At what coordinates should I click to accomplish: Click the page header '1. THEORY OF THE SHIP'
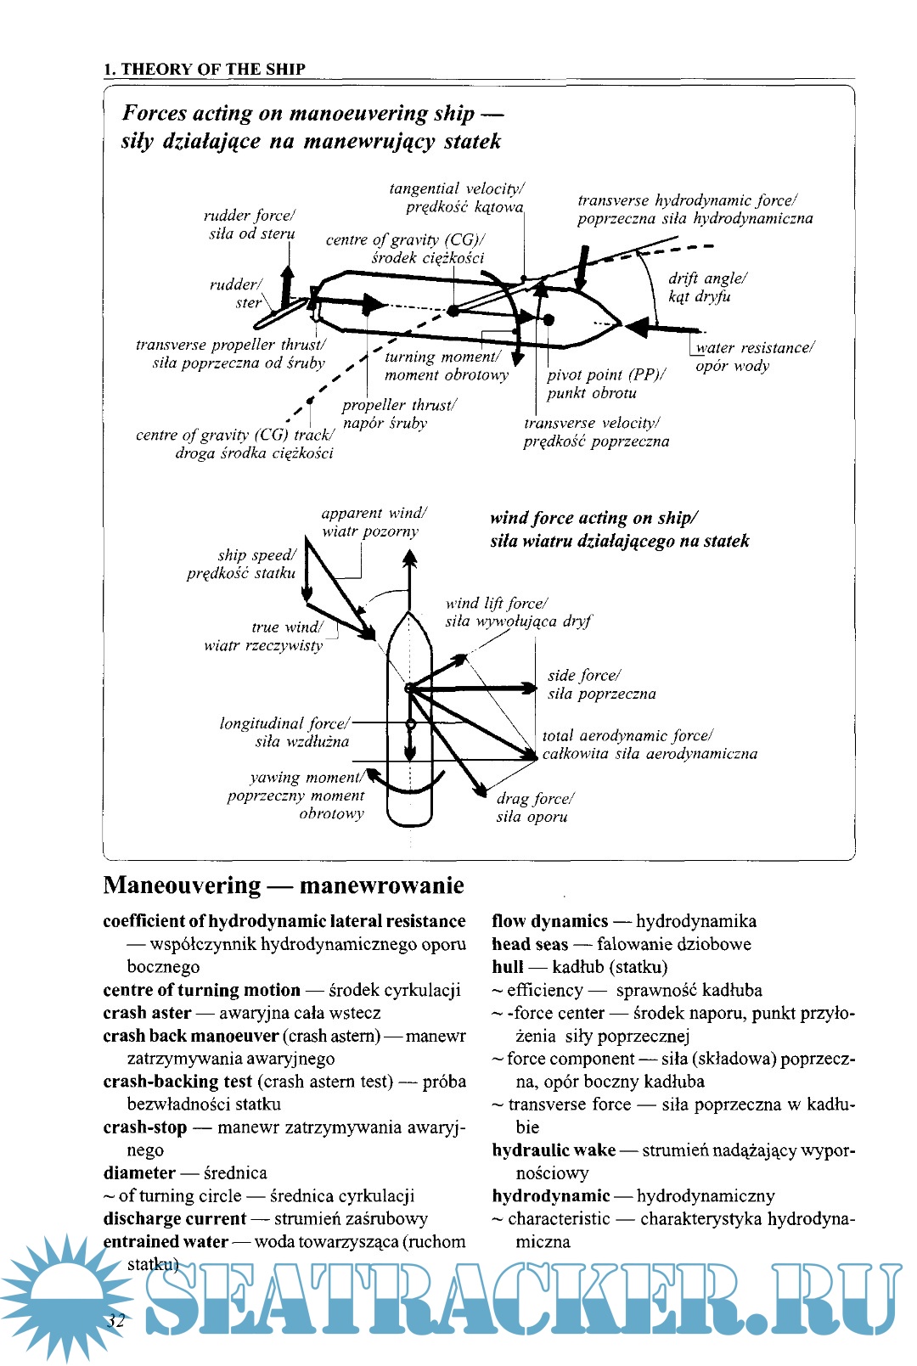click(x=204, y=70)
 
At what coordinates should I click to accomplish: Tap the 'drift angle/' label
click(x=707, y=278)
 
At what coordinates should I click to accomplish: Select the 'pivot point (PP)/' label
click(x=606, y=374)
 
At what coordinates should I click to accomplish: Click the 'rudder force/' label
click(x=249, y=216)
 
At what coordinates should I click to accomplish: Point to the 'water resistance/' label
click(x=755, y=348)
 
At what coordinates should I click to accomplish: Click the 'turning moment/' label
click(x=442, y=357)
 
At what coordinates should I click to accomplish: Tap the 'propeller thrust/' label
click(x=399, y=405)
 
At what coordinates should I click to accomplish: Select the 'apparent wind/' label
click(x=374, y=513)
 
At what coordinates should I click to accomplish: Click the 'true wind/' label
click(x=287, y=627)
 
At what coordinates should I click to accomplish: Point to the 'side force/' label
click(x=584, y=676)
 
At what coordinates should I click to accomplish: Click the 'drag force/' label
click(x=535, y=799)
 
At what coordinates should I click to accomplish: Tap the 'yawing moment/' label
click(x=307, y=778)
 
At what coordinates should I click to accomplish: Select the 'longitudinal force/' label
click(x=284, y=724)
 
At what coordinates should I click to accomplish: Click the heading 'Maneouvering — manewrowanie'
click(x=284, y=885)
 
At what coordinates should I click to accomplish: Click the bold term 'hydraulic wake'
click(x=554, y=1150)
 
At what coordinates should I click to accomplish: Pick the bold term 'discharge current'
click(x=174, y=1219)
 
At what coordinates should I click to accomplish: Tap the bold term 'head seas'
click(x=530, y=944)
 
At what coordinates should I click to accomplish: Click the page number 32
click(x=115, y=1321)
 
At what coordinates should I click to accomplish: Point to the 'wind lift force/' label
click(x=496, y=604)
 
